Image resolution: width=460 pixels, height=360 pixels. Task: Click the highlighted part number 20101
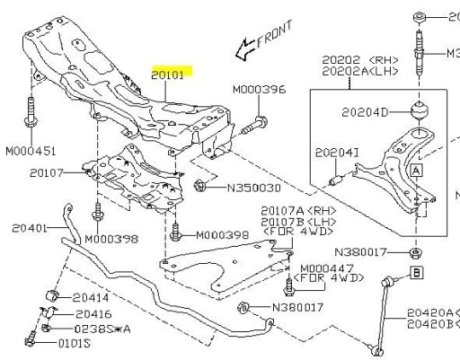[168, 75]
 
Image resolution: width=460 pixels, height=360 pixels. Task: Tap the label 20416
[93, 314]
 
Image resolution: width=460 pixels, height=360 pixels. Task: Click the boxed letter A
[416, 168]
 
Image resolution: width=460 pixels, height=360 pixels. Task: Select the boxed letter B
[417, 271]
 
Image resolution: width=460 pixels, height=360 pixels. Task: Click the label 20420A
[429, 312]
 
